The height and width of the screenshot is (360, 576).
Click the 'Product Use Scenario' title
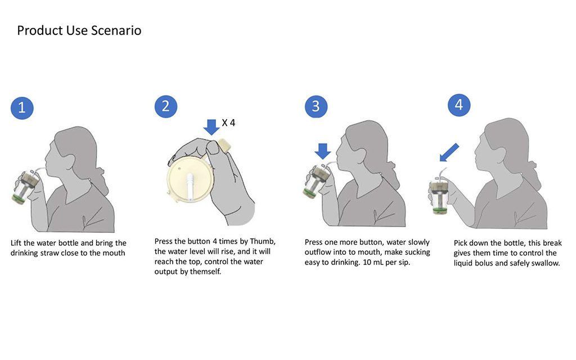tap(79, 30)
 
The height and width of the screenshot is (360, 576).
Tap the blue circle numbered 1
tap(22, 108)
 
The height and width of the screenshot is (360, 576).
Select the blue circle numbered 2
tap(166, 106)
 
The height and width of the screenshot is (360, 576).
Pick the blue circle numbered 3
tap(316, 106)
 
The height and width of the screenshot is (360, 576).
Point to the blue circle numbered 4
tap(459, 105)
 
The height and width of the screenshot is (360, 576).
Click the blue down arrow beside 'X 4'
tap(211, 127)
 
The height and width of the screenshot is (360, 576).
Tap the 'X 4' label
tap(228, 123)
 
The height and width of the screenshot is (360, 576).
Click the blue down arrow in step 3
tap(323, 151)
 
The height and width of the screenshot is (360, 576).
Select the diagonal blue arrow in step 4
tap(449, 152)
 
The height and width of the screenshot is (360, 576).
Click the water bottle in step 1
tap(26, 187)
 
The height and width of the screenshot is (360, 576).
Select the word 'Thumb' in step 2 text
tap(263, 241)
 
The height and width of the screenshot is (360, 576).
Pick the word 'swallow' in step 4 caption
tap(544, 263)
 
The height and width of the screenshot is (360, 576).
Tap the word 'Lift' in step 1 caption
tap(16, 243)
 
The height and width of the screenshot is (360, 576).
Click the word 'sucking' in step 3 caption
tap(417, 252)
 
